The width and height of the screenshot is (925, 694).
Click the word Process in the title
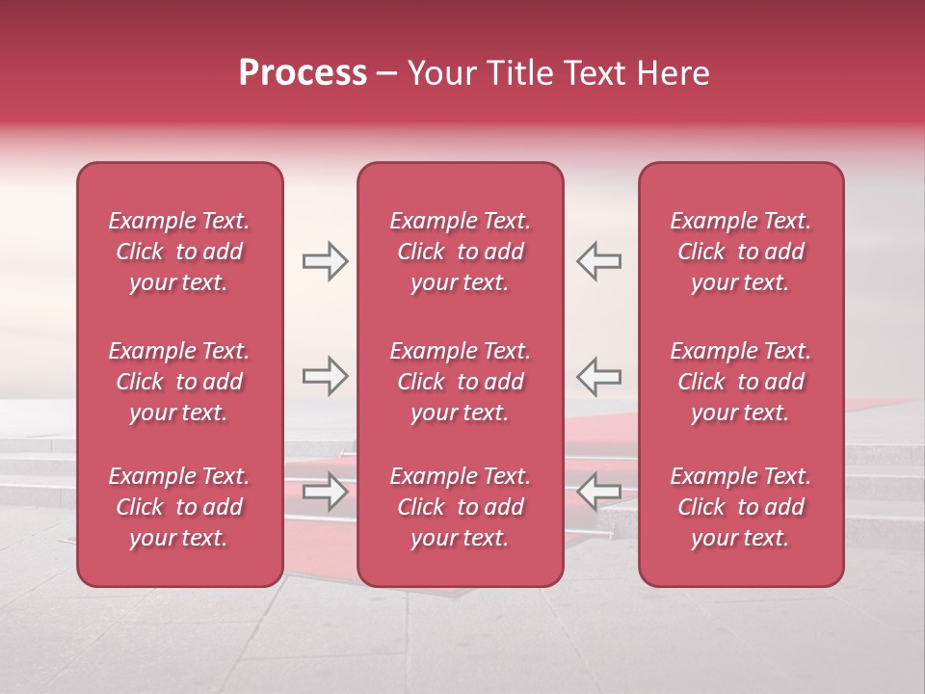click(303, 73)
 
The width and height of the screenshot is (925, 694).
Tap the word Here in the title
click(673, 73)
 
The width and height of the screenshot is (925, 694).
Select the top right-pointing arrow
click(325, 261)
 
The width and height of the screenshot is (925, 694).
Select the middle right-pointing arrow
click(325, 376)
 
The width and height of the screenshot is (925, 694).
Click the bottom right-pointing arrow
click(325, 493)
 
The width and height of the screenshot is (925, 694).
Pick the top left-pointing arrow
click(598, 261)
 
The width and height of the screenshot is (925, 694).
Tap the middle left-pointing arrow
click(598, 376)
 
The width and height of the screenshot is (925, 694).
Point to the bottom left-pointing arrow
click(598, 493)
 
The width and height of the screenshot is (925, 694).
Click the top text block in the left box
click(179, 252)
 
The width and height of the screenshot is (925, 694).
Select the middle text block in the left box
click(179, 382)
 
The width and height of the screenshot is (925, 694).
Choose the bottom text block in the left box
click(179, 507)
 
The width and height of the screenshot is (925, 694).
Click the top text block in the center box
click(461, 252)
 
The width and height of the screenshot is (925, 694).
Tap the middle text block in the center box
click(461, 382)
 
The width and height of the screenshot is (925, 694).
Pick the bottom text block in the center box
click(461, 507)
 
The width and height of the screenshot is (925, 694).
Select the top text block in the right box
click(741, 252)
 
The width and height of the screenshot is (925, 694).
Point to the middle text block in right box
click(741, 382)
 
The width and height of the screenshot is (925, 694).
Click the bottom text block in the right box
click(741, 507)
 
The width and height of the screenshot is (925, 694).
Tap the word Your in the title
click(440, 73)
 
